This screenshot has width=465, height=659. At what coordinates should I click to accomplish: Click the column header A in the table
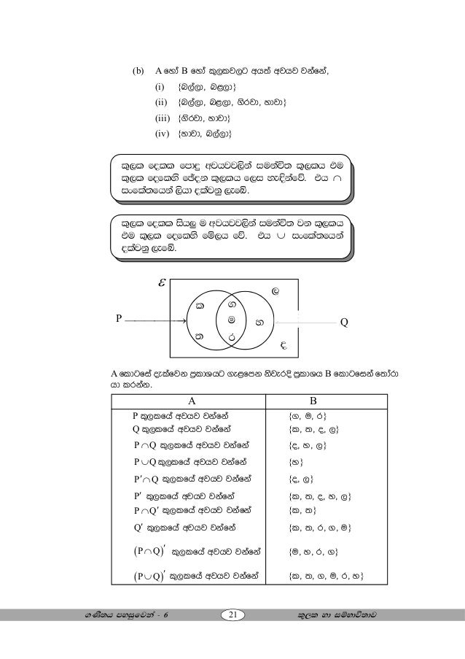tap(192, 400)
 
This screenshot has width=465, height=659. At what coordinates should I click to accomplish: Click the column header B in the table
tap(313, 400)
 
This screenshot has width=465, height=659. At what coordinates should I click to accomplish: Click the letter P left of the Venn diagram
tap(119, 318)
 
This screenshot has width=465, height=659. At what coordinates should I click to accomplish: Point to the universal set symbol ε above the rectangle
tap(162, 280)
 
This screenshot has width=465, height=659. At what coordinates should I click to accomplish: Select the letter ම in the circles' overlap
tap(231, 320)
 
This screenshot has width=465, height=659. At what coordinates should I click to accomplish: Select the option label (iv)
tap(162, 134)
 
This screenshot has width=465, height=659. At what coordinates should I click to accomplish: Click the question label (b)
tap(138, 72)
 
